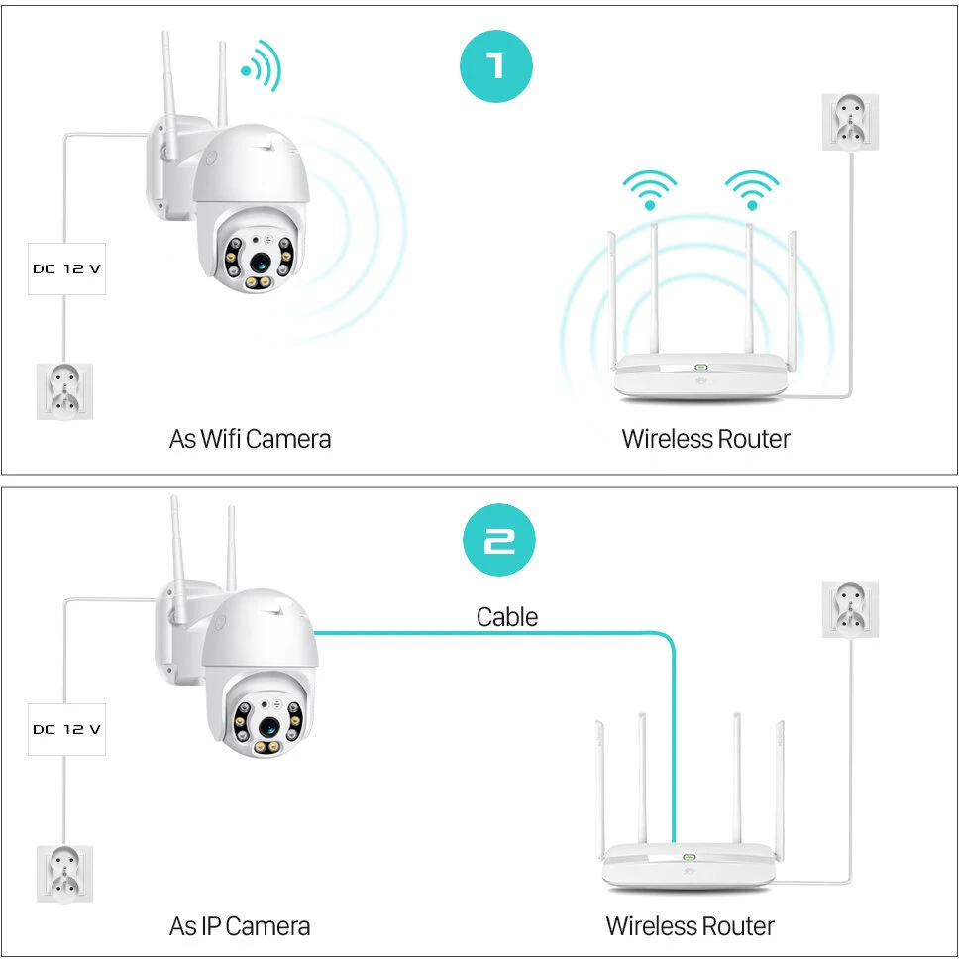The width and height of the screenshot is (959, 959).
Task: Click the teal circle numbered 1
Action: tap(496, 66)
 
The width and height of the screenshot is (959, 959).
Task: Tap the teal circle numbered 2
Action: tap(499, 539)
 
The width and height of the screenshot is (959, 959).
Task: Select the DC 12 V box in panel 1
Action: tap(66, 268)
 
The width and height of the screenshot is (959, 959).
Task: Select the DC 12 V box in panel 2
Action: tap(66, 729)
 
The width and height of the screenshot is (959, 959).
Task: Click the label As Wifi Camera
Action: tap(250, 439)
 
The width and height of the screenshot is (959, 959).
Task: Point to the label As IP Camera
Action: tap(240, 926)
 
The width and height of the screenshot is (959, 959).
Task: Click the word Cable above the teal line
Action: tap(507, 617)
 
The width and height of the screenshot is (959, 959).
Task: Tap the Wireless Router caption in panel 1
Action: tap(705, 439)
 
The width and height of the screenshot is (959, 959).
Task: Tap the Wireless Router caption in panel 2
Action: tap(690, 926)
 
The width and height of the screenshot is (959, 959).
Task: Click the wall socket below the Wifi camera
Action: tap(64, 391)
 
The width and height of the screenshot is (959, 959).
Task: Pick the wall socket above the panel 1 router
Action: tap(850, 122)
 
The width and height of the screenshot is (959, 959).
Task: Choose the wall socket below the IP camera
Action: tap(64, 874)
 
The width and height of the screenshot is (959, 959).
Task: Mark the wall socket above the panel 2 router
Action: tap(850, 609)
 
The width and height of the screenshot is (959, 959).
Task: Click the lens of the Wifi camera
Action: tap(260, 263)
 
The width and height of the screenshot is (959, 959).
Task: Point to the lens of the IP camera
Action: tap(269, 727)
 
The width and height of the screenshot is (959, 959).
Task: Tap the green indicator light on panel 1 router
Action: tap(700, 367)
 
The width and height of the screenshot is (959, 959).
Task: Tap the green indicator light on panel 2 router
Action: tap(690, 857)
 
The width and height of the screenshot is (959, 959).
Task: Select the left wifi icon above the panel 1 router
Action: tap(650, 189)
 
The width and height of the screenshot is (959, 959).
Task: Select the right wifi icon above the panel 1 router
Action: tap(752, 189)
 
